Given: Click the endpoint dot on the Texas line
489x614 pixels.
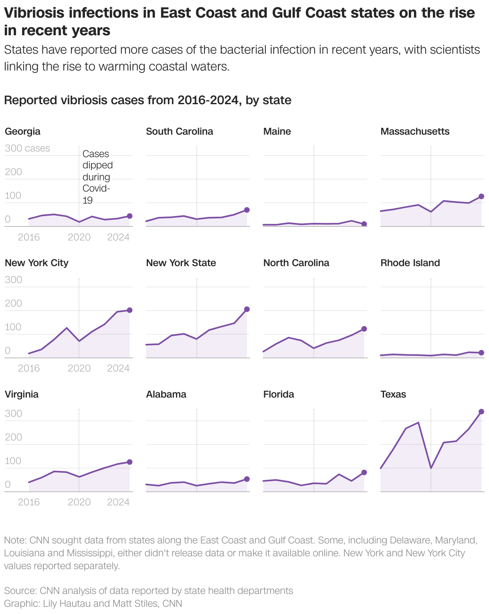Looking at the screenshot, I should tap(481, 412).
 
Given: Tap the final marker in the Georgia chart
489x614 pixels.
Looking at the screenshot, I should tap(129, 216).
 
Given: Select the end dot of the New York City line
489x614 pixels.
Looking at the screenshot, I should tap(129, 310).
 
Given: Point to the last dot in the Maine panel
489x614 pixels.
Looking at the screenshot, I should tap(364, 224).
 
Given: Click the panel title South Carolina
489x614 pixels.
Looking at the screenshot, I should tap(180, 131).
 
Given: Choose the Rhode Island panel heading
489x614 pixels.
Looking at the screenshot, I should tap(410, 263).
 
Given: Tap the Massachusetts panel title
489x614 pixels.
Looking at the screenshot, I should tap(415, 131).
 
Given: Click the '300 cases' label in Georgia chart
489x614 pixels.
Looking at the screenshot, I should tap(27, 148).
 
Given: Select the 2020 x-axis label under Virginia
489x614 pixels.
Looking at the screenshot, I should tap(79, 502).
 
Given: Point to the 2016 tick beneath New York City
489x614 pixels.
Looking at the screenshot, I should tap(29, 368).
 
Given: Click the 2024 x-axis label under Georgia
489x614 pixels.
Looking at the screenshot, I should tap(118, 237).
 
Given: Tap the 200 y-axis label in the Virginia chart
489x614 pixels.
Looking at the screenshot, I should tap(14, 437).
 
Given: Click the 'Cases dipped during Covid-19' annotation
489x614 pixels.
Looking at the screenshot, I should tap(97, 177).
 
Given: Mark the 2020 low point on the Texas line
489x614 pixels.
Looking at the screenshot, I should tap(431, 468).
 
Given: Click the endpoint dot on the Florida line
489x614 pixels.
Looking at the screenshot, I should tap(364, 473).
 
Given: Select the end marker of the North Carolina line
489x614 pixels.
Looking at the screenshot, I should tap(364, 329).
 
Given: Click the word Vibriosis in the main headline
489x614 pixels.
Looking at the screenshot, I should tap(34, 13).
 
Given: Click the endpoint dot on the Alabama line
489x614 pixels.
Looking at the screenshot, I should tap(247, 479).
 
